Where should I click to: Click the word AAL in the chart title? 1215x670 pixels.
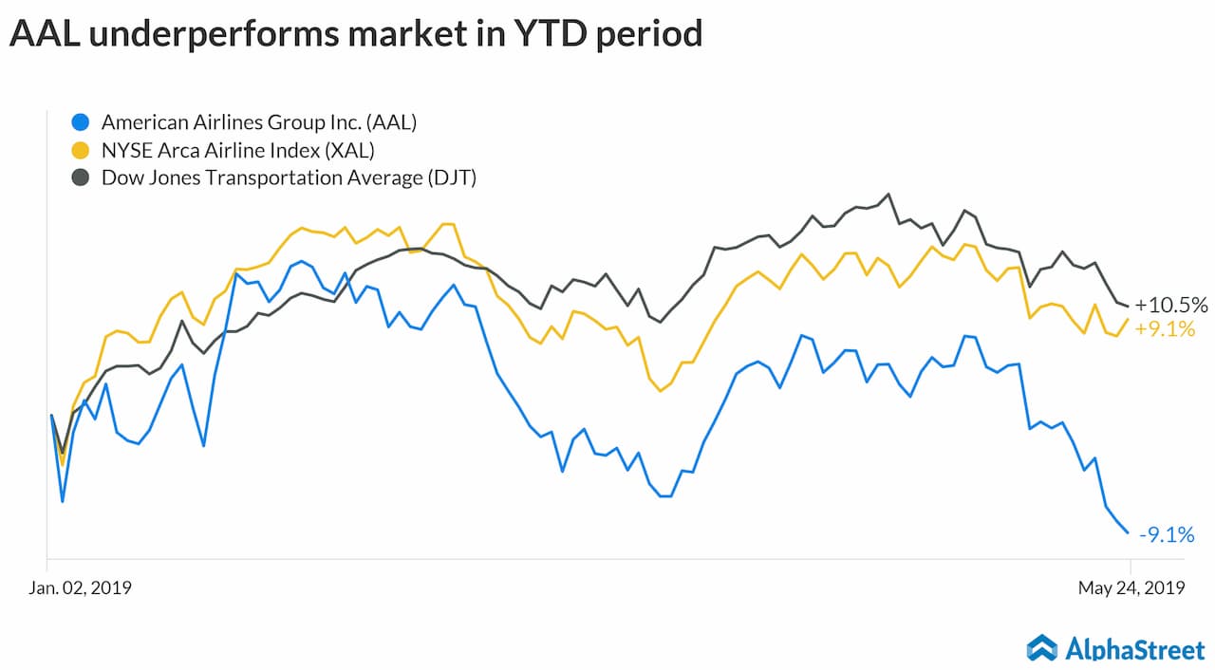pos(42,34)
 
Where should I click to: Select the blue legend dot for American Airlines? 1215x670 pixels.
pos(82,121)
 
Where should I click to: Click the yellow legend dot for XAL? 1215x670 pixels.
pos(82,149)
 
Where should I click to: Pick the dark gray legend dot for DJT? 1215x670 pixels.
pos(82,177)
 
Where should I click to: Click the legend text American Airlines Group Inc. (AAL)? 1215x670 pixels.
pos(259,121)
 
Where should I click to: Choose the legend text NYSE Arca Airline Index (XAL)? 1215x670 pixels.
pos(238,149)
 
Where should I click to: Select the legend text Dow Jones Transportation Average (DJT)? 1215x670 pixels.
pos(289,177)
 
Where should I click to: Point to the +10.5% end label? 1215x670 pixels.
pos(1171,306)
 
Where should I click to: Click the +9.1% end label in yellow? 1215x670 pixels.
pos(1165,330)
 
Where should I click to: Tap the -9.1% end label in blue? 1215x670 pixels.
pos(1166,535)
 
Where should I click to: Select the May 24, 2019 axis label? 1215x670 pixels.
pos(1131,588)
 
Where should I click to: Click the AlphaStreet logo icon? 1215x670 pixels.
pos(1041,647)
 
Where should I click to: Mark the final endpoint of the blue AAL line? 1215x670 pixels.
pos(1128,532)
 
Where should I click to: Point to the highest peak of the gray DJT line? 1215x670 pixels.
pos(888,195)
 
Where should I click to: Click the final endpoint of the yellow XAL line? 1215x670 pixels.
pos(1128,319)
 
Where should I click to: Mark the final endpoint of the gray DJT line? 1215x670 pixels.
pos(1128,306)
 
